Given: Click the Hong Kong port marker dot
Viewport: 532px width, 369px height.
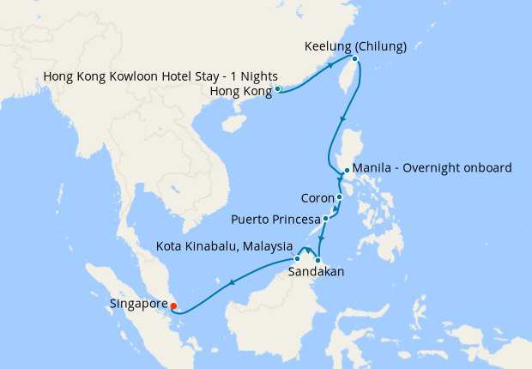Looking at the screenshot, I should (278, 89).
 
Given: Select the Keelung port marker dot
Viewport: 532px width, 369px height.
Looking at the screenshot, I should (354, 59).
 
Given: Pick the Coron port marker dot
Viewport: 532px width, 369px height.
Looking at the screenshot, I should (339, 197).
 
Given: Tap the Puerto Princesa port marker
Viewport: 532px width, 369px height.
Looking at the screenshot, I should (325, 219).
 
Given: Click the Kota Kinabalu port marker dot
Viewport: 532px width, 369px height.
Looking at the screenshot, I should (297, 258).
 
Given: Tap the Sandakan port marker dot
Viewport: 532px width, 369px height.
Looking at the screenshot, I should (317, 260).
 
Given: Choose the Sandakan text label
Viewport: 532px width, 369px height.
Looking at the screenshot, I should (316, 272).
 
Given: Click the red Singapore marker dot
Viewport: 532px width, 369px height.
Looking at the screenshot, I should (172, 304).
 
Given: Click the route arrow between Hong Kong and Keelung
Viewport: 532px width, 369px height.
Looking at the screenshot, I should (329, 76).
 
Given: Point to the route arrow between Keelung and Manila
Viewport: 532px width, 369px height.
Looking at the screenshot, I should (344, 118).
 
